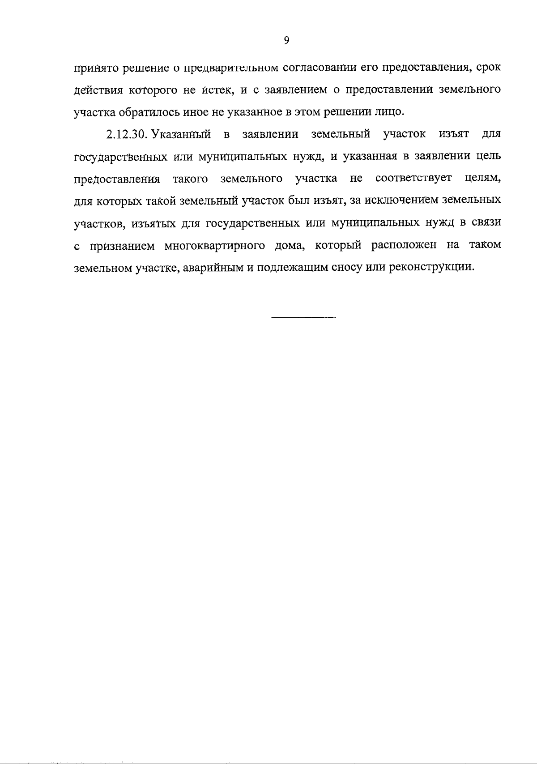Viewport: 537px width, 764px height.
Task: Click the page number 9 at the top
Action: (x=287, y=41)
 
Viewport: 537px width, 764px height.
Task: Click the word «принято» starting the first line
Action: (x=94, y=68)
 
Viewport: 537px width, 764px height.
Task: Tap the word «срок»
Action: (x=488, y=68)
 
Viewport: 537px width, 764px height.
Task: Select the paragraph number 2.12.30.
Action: (x=127, y=134)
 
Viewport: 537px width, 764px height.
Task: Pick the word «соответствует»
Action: (x=413, y=179)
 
